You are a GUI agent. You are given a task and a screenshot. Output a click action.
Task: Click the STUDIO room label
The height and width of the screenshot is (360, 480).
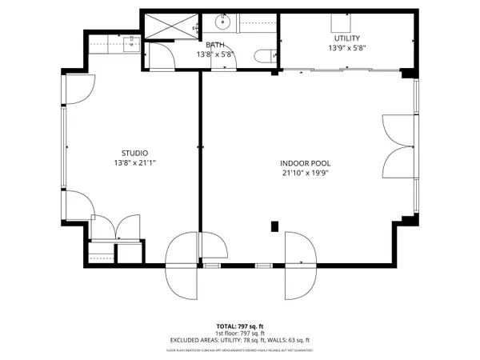tap(134, 153)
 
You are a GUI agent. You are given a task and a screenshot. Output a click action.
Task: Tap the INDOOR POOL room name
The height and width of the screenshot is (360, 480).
tap(306, 162)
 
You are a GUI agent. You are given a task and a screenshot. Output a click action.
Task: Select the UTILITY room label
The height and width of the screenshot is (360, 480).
tap(346, 38)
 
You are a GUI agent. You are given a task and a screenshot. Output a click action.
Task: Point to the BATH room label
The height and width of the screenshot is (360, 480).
tap(215, 45)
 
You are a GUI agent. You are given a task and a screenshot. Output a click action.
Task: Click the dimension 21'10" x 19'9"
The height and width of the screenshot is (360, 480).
tap(306, 173)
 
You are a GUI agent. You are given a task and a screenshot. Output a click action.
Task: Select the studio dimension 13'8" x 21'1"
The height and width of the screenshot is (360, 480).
tap(134, 163)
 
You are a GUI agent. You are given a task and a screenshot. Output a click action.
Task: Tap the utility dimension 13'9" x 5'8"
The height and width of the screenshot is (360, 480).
tap(346, 48)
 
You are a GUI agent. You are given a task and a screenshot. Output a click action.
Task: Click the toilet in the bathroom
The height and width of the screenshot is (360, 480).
tap(265, 56)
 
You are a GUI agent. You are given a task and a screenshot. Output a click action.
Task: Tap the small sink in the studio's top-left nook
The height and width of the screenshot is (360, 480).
tap(130, 40)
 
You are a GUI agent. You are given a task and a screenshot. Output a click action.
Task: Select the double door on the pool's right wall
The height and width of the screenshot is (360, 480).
tap(398, 147)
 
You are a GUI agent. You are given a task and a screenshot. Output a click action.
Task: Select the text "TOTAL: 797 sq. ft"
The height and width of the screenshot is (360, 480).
tap(240, 326)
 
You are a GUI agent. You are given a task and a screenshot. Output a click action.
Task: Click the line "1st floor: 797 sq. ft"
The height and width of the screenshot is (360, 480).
tap(240, 334)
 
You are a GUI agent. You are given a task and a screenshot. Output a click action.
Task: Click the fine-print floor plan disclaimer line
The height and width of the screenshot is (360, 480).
tap(240, 350)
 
